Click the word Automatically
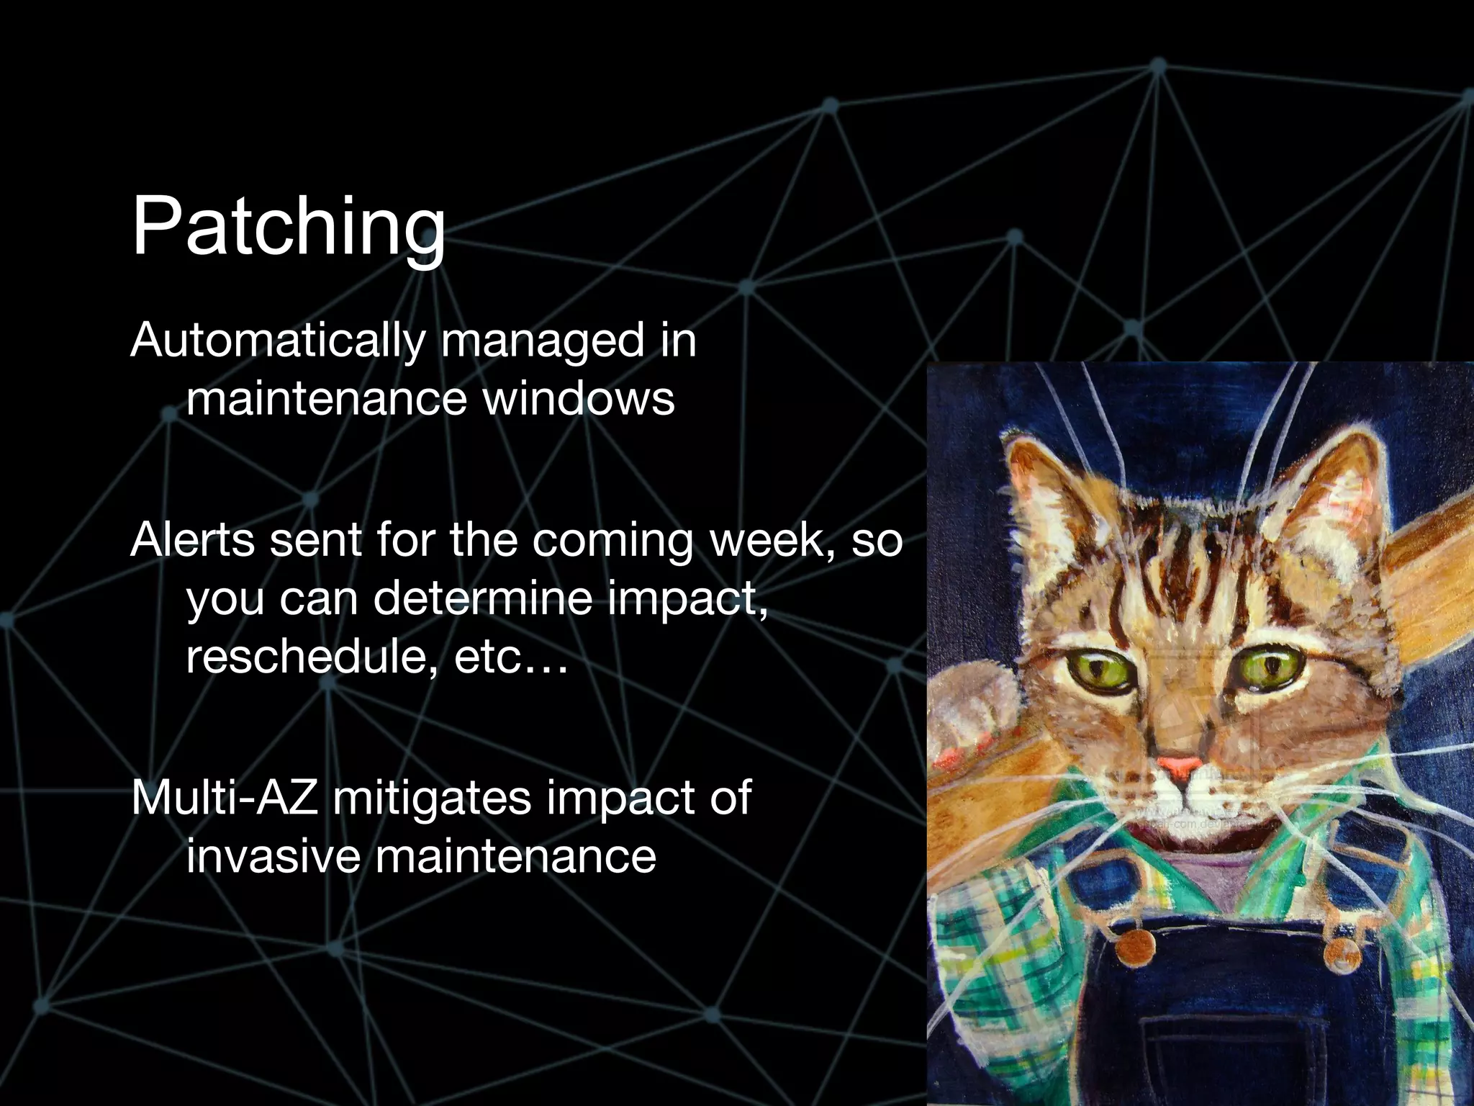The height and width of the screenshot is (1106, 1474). pyautogui.click(x=278, y=341)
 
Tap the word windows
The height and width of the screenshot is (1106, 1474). pyautogui.click(x=579, y=399)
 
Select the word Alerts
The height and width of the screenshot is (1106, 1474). pyautogui.click(x=192, y=540)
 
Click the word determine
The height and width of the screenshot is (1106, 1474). pyautogui.click(x=484, y=599)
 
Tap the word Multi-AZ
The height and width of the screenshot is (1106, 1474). pyautogui.click(x=225, y=798)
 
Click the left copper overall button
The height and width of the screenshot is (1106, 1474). pyautogui.click(x=1136, y=943)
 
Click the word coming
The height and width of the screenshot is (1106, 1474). pyautogui.click(x=612, y=541)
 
